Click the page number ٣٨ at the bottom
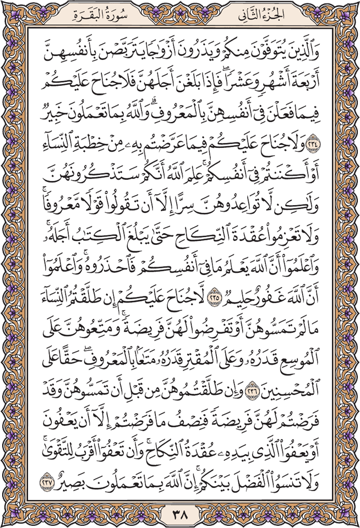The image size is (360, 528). tap(180, 516)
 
